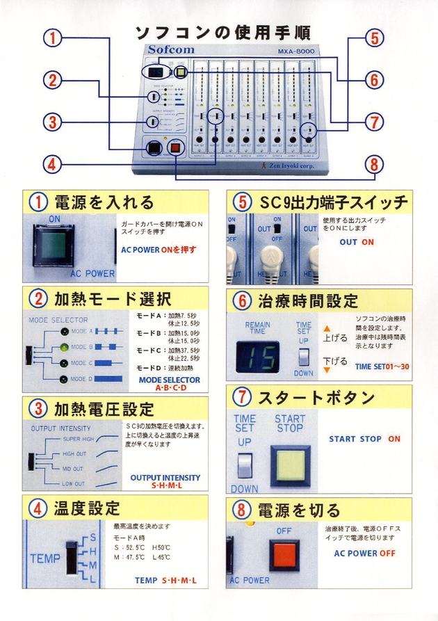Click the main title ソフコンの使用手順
click(222, 32)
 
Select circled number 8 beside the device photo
click(375, 165)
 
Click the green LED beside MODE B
click(64, 346)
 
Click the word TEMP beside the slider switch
click(44, 558)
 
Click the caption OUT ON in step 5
click(357, 243)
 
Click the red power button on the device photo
click(177, 147)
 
